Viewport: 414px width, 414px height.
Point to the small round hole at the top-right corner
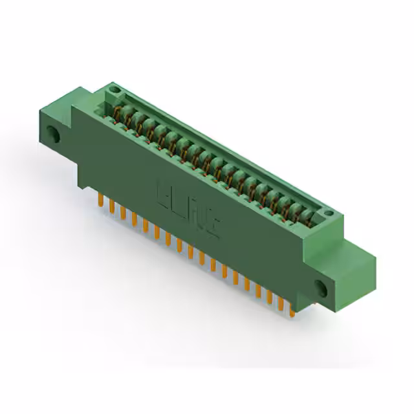(x=329, y=215)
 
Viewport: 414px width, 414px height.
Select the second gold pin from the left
(x=112, y=205)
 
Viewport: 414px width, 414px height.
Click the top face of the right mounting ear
(x=353, y=249)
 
